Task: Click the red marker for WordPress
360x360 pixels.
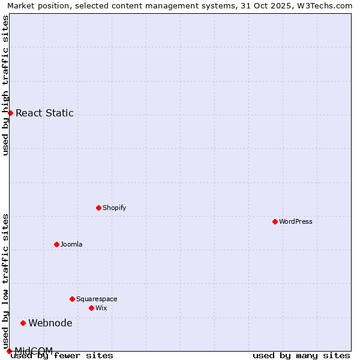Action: click(275, 221)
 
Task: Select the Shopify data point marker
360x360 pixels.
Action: click(98, 208)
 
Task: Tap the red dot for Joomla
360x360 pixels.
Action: click(56, 244)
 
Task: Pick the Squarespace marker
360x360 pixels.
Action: click(72, 299)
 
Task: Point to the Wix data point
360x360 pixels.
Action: click(91, 308)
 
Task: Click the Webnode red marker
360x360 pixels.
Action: click(23, 323)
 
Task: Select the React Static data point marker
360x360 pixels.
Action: click(10, 113)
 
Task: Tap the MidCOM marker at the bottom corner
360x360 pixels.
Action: click(9, 351)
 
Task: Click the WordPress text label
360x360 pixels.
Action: click(296, 221)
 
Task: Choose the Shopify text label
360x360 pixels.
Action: click(115, 208)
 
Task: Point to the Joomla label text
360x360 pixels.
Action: click(71, 244)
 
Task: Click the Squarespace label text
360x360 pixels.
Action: click(97, 299)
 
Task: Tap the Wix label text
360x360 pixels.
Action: click(101, 308)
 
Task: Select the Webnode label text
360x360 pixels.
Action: click(50, 323)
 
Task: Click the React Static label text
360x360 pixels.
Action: click(44, 113)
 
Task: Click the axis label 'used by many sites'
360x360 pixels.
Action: click(301, 356)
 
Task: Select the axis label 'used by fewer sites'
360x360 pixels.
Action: click(62, 356)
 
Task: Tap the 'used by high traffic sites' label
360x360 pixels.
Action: click(5, 85)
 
